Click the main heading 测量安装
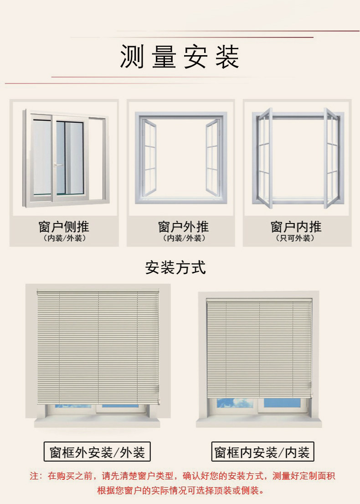180,57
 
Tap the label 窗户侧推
64,227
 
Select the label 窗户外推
183,227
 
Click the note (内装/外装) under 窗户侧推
64,239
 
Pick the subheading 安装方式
175,267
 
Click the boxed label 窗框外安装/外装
97,452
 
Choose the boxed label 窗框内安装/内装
262,452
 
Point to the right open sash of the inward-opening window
331,157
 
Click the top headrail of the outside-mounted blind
98,291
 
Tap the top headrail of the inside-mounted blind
259,300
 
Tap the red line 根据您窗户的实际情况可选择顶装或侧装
180,491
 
